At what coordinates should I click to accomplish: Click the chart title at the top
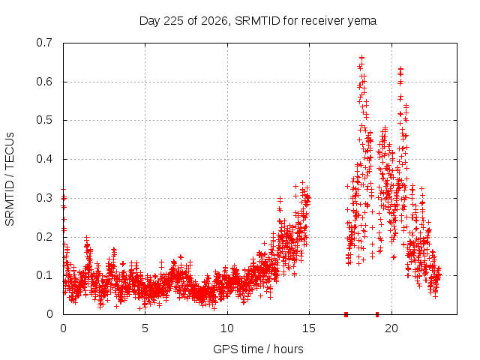click(258, 21)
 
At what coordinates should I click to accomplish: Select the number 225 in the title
click(174, 21)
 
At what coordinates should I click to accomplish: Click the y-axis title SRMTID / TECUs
click(10, 179)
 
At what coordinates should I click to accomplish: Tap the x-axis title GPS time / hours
click(258, 349)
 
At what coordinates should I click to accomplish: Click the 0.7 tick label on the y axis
click(44, 43)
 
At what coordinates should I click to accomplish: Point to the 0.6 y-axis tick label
click(44, 82)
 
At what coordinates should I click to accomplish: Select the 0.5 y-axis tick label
click(44, 120)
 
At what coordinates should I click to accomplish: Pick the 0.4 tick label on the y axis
click(44, 159)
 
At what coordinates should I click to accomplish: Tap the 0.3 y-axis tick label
click(44, 198)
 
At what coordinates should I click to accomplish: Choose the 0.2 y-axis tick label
click(44, 237)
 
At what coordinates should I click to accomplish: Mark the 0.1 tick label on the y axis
click(44, 275)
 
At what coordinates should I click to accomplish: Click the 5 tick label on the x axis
click(145, 328)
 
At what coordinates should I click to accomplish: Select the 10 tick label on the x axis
click(227, 328)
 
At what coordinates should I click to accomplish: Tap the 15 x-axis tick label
click(309, 328)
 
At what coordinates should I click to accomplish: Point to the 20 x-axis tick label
click(391, 328)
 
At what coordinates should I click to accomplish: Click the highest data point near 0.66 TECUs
click(361, 58)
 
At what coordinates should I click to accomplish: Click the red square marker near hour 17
click(346, 314)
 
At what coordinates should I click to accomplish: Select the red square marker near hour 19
click(377, 314)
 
